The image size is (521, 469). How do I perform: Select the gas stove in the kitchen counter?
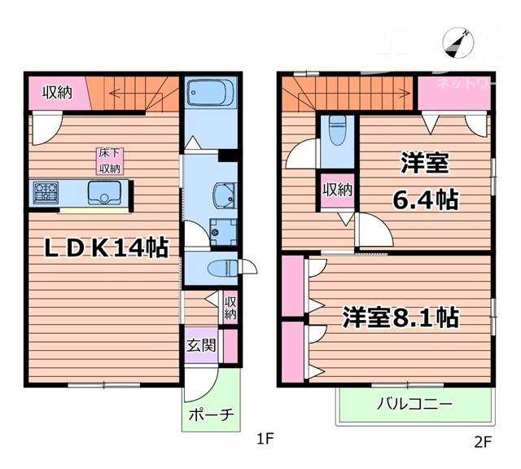tap(46, 194)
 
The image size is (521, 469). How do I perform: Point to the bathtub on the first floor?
tap(210, 94)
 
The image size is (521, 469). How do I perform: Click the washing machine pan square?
tap(220, 232)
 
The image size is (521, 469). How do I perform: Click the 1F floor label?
tap(263, 443)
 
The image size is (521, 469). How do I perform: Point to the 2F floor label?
tap(483, 443)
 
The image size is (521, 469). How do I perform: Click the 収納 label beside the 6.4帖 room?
tap(337, 190)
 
